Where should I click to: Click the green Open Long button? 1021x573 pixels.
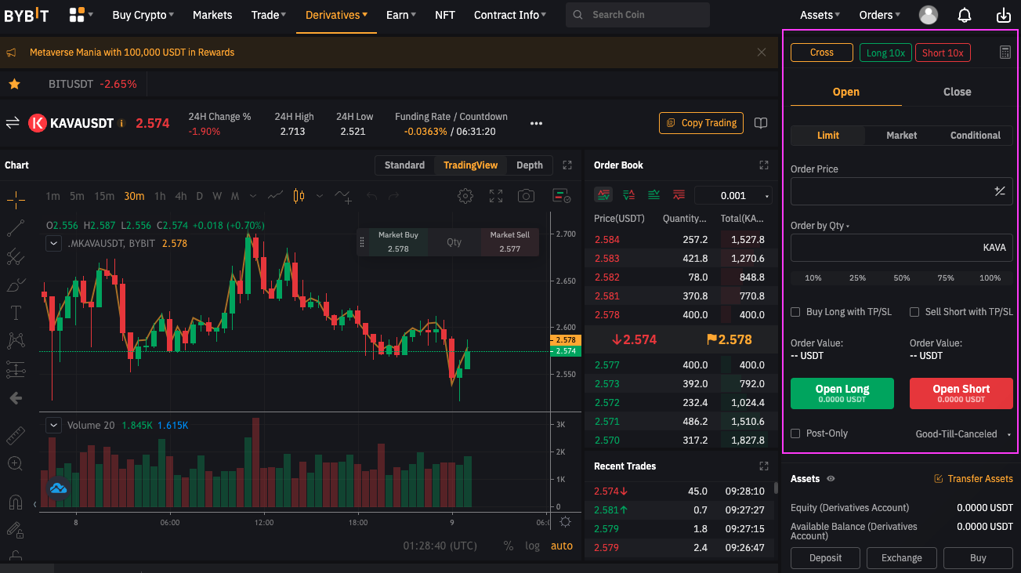842,393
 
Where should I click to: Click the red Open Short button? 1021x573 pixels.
961,393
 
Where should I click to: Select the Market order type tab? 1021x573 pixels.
901,136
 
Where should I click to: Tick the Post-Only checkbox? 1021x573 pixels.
795,433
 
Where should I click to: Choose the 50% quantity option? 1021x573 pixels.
902,278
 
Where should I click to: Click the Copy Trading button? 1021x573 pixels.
701,123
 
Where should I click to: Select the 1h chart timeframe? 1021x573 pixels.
160,196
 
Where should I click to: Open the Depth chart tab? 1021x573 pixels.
530,165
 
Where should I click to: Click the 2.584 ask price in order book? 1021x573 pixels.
606,240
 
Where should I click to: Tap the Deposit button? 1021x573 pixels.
825,558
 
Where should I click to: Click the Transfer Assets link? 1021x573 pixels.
973,479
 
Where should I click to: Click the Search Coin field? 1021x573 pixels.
638,15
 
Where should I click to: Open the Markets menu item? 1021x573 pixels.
212,15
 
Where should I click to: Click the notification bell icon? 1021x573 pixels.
965,15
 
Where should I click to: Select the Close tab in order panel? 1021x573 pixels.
957,92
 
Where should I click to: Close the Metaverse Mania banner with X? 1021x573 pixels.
762,53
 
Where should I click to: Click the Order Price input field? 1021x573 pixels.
889,191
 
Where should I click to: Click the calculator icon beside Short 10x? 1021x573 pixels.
1005,53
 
